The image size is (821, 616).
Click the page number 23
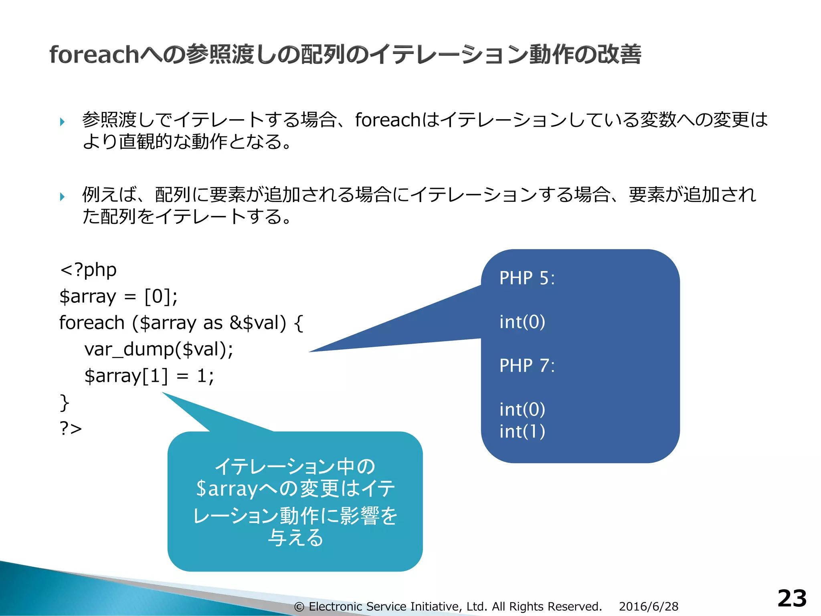792,598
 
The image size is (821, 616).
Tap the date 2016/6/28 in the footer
648,606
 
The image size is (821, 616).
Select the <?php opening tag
88,269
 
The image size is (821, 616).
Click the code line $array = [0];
118,296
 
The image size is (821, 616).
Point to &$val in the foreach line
257,323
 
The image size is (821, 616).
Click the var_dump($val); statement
159,349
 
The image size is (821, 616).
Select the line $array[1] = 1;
149,376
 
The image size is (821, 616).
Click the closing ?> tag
71,428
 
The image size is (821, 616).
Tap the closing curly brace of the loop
64,402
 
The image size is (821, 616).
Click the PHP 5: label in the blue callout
527,278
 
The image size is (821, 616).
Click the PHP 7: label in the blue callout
527,365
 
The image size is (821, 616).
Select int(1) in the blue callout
522,432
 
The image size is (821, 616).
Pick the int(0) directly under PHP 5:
522,322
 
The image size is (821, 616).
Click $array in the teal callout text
226,489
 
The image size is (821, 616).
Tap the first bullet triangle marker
62,122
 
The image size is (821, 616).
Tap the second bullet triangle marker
62,197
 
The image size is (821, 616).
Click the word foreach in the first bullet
387,120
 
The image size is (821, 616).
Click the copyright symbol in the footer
299,607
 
